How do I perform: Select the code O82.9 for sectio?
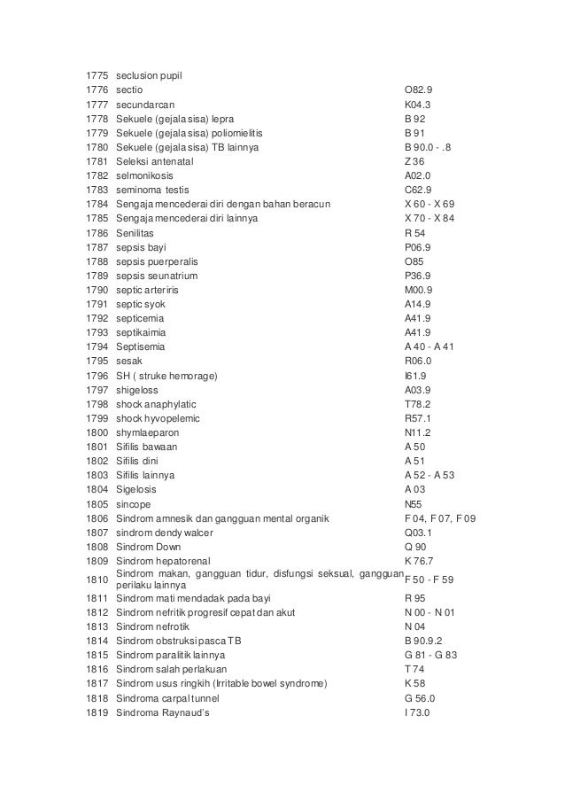tap(419, 89)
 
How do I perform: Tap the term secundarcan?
tap(140, 104)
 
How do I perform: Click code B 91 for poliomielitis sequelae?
tap(415, 132)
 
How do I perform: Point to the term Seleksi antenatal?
tap(155, 161)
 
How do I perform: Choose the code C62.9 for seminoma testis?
tap(419, 190)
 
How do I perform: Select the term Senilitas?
tap(137, 232)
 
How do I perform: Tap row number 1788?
tap(97, 261)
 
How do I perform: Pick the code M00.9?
tap(418, 290)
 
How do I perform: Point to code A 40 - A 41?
tap(430, 346)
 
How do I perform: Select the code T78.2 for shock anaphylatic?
tap(417, 404)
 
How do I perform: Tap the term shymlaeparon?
tap(147, 432)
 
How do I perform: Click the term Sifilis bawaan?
tap(147, 447)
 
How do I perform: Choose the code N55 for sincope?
tap(414, 504)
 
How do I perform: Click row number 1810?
tap(97, 579)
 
